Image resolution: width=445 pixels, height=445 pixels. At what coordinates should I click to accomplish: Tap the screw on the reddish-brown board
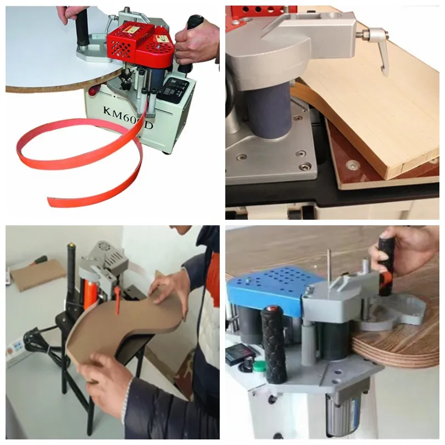tap(352, 165)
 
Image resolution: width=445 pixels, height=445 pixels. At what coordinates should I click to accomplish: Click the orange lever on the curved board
tap(118, 303)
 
